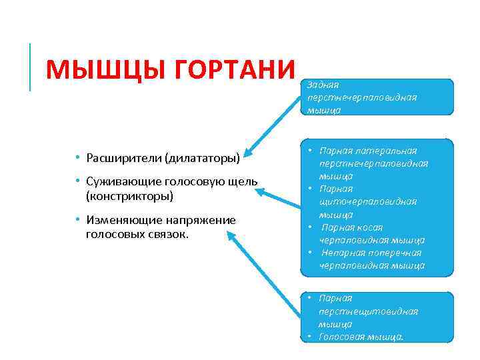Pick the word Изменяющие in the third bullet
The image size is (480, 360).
[x=120, y=220]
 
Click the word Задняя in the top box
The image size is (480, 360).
[x=323, y=85]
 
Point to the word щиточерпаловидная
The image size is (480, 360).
[x=367, y=201]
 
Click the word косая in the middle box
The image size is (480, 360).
[x=369, y=227]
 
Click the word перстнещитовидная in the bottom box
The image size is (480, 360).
[x=368, y=311]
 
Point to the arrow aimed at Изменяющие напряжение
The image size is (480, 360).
[x=263, y=273]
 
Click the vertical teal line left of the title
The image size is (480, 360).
[x=31, y=67]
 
